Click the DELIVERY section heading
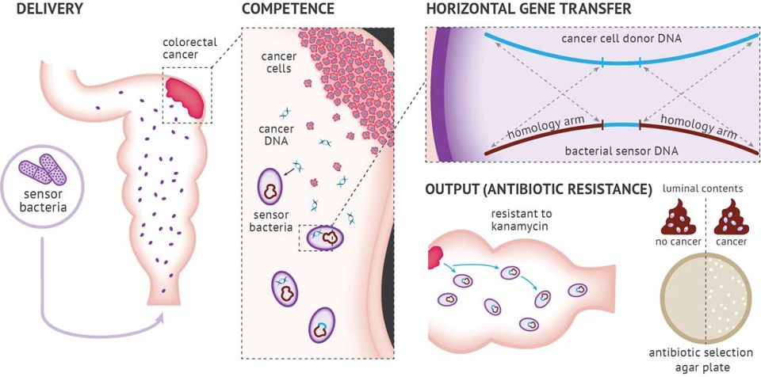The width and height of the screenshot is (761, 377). coord(39,10)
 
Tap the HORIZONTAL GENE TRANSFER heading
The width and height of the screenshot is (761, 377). coord(528,10)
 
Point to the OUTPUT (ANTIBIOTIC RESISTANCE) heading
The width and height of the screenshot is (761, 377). coord(538,189)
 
